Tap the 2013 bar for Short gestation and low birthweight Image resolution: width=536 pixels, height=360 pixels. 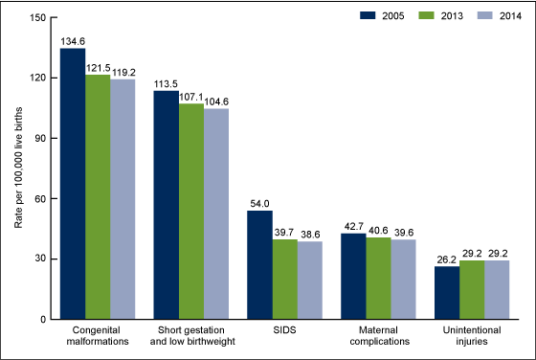[x=191, y=212]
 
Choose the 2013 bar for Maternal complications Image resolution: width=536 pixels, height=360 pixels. [x=378, y=279]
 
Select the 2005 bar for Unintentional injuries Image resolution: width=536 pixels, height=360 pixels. [x=447, y=293]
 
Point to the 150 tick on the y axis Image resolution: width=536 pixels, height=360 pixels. [x=36, y=17]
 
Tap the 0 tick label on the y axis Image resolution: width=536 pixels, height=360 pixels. [x=42, y=320]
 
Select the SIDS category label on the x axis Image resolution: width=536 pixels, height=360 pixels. [x=284, y=334]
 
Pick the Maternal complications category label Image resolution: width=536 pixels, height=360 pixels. [x=378, y=339]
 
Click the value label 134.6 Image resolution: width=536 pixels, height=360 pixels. [x=73, y=40]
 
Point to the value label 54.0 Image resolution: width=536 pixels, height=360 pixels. [x=259, y=203]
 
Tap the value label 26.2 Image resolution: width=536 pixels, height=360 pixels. [x=447, y=259]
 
